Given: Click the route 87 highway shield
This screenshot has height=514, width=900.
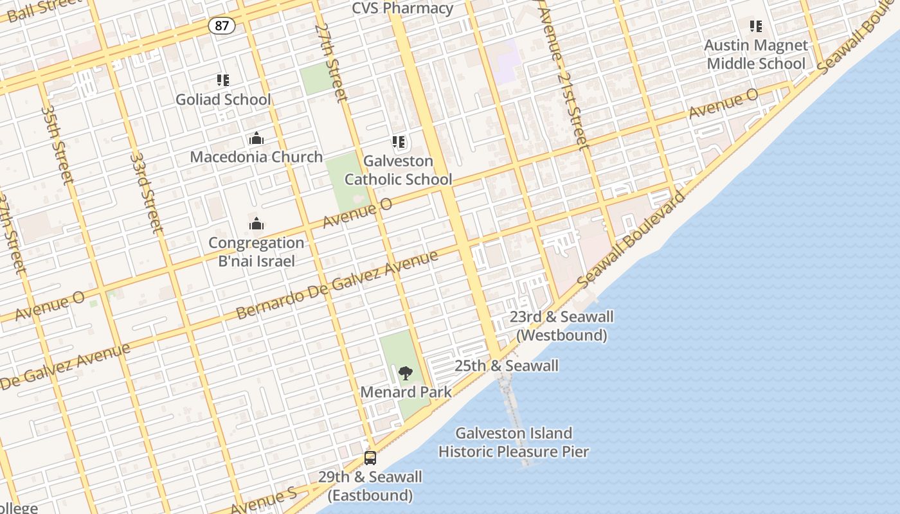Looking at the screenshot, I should coord(221,26).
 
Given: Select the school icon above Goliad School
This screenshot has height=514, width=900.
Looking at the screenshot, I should coord(223,80).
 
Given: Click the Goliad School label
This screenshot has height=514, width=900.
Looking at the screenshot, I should coord(223,100).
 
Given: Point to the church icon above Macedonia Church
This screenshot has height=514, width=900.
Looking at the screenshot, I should coord(256,139).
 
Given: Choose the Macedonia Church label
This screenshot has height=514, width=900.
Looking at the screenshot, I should coord(256,157).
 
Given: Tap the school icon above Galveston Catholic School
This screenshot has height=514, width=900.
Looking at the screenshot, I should coord(399,142).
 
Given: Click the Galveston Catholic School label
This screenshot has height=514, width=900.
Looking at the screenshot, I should coord(399,170).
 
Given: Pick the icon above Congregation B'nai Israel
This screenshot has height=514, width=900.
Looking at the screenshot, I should coord(256,224).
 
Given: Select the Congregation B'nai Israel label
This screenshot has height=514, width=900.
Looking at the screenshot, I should coord(256,252).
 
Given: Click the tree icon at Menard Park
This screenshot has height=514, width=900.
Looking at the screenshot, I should coord(405,373).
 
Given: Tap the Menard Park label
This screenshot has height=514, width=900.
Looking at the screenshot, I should coord(406,392).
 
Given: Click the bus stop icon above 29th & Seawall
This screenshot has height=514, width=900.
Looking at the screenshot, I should coord(370,458).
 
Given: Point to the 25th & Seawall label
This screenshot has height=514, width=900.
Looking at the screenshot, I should coord(507,366).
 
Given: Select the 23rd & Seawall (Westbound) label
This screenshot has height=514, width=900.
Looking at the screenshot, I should coord(561,326).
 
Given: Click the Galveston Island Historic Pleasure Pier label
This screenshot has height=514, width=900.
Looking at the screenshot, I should coord(514,443).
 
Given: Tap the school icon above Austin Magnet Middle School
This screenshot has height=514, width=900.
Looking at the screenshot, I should coord(756,26).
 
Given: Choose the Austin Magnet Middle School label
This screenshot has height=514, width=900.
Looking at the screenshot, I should coord(756,55).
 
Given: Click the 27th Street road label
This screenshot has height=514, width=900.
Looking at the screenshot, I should coord(331,63).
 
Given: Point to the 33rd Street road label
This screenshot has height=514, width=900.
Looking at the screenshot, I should coord(146,191).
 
